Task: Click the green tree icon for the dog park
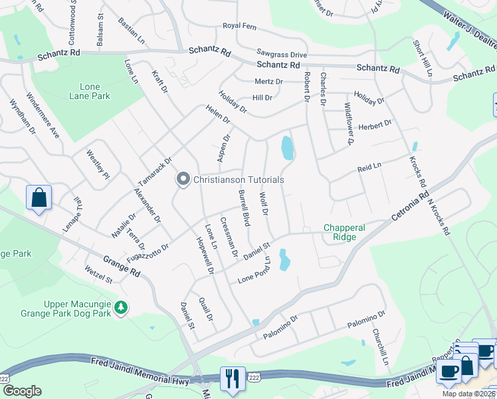(121, 307)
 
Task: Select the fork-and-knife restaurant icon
(233, 378)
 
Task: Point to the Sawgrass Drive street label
(282, 54)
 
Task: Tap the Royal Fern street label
(239, 26)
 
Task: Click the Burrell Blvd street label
(244, 208)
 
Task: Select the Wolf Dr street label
(263, 204)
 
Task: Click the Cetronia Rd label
(401, 209)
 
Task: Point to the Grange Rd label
(122, 265)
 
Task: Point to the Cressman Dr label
(229, 237)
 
